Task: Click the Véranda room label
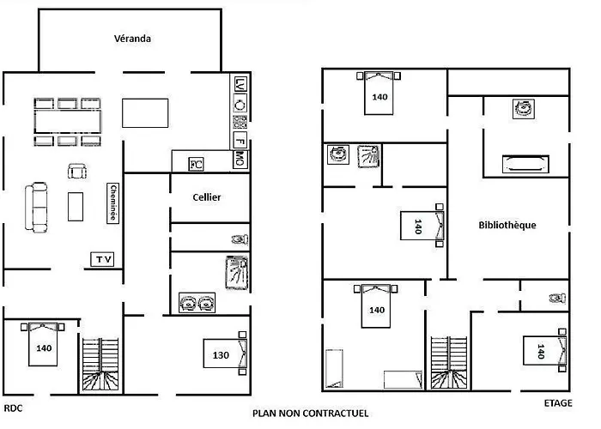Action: click(132, 39)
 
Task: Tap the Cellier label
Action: click(207, 197)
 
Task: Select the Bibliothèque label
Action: click(507, 225)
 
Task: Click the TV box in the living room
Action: click(102, 259)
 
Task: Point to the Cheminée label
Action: click(112, 203)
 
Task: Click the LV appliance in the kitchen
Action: click(240, 84)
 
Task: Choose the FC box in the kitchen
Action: click(196, 165)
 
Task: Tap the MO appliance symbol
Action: click(240, 159)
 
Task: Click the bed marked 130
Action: click(225, 353)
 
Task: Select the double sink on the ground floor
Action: click(197, 303)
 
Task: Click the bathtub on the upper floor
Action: click(525, 164)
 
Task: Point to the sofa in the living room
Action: click(36, 208)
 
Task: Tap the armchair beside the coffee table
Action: click(77, 171)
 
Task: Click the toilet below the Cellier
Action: click(240, 239)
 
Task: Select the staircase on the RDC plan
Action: click(100, 364)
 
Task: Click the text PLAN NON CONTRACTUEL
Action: click(311, 414)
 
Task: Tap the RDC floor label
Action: click(13, 408)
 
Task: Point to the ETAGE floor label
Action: click(558, 403)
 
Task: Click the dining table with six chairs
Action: click(68, 122)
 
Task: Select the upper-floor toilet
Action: click(558, 298)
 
